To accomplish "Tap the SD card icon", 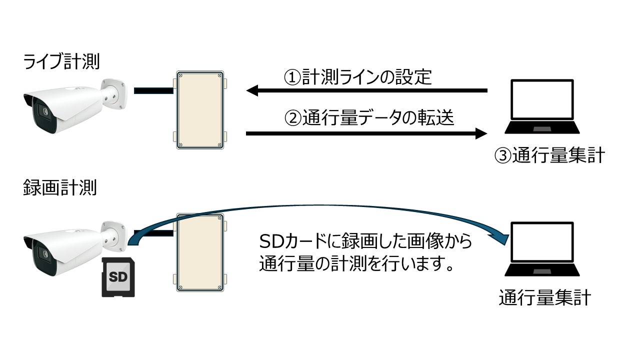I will pyautogui.click(x=118, y=277).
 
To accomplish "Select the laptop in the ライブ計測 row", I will pyautogui.click(x=542, y=106).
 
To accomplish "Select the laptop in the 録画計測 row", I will pyautogui.click(x=542, y=249).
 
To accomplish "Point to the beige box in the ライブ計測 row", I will pyautogui.click(x=199, y=110).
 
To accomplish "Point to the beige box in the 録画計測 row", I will pyautogui.click(x=199, y=252).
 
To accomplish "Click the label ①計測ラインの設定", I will pyautogui.click(x=357, y=77).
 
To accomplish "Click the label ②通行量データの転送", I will pyautogui.click(x=369, y=118).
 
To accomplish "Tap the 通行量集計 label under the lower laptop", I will pyautogui.click(x=545, y=298).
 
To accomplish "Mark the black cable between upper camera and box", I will pyautogui.click(x=153, y=90).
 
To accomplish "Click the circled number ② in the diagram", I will pyautogui.click(x=291, y=119).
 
